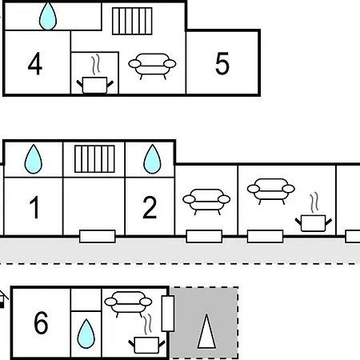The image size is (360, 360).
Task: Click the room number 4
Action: click(35, 64)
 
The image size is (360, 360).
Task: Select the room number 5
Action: click(222, 63)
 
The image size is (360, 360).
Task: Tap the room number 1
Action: click(34, 207)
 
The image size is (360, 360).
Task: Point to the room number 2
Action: click(150, 207)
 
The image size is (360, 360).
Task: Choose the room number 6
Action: click(41, 322)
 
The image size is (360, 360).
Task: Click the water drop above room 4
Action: click(48, 16)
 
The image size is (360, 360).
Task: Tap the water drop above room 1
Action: click(34, 159)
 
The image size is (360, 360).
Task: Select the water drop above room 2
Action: click(152, 159)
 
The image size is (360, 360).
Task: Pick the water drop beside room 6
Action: click(86, 334)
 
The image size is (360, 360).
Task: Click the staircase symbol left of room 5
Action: click(132, 21)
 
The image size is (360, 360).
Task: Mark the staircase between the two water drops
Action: click(94, 159)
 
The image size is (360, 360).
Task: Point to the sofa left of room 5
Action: click(152, 66)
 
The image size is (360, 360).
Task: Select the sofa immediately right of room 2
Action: click(206, 202)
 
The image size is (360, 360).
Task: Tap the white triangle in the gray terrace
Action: click(206, 331)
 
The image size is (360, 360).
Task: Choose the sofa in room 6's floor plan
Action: click(128, 304)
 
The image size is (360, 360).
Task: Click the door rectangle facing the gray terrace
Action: click(168, 314)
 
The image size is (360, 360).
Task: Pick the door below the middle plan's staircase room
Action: click(98, 236)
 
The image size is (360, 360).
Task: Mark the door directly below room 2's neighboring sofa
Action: click(204, 236)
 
